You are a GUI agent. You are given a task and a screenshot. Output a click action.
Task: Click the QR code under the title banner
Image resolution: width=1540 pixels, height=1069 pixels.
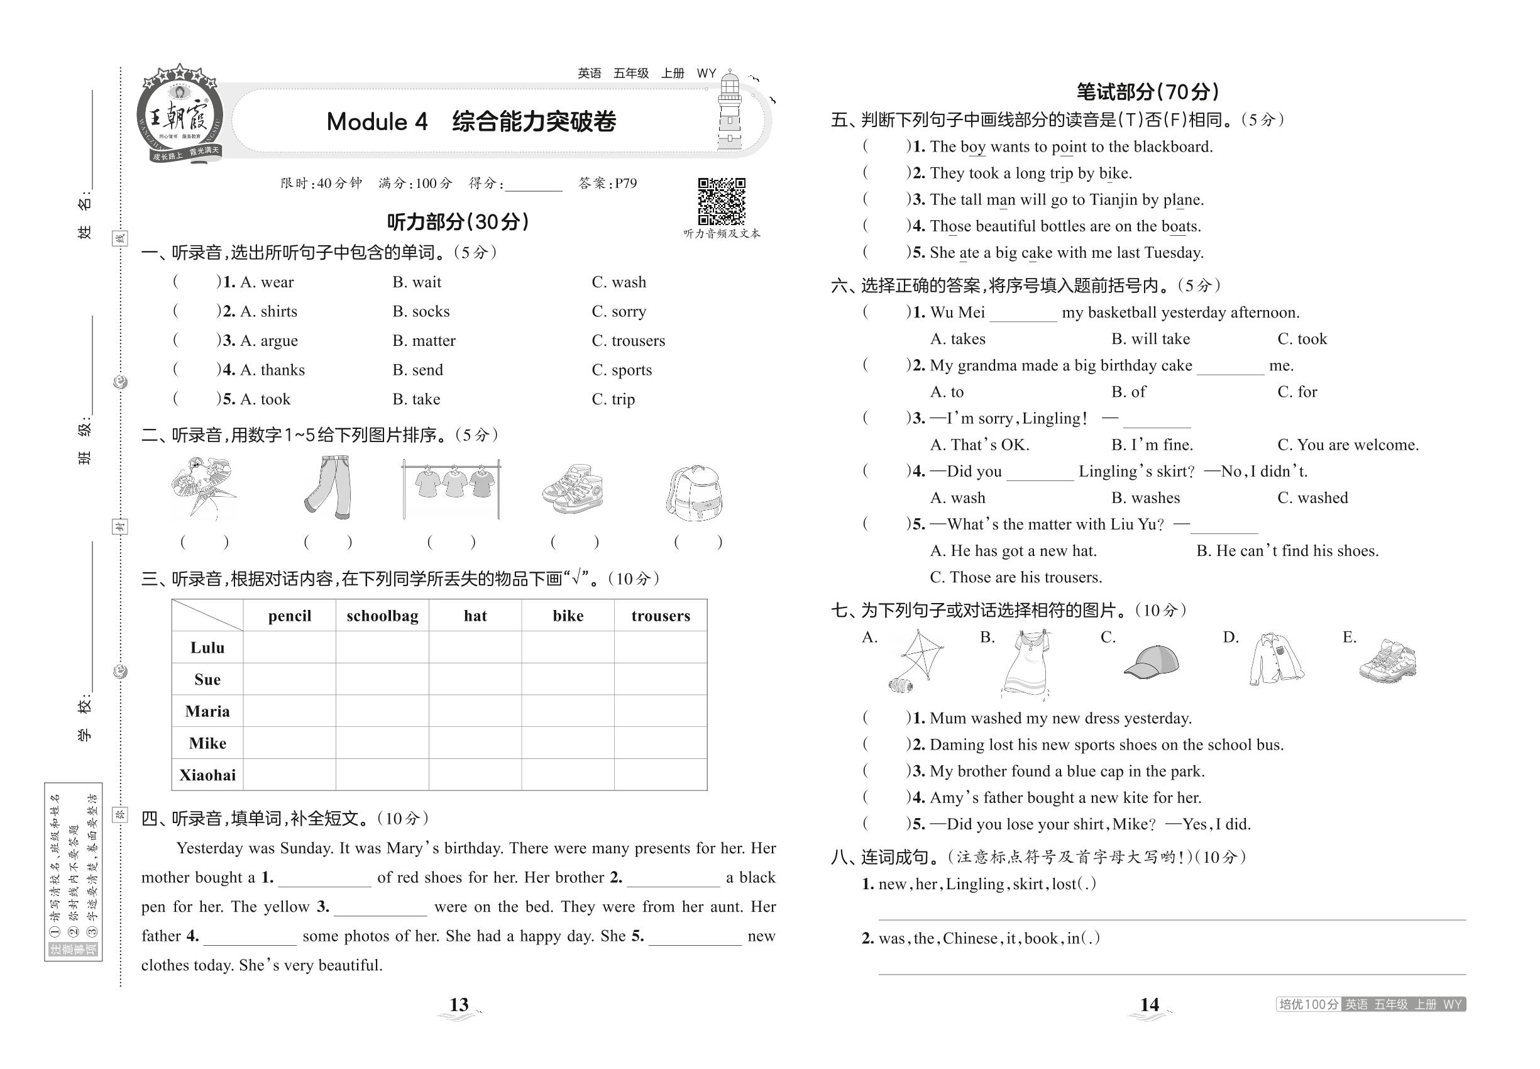pyautogui.click(x=721, y=201)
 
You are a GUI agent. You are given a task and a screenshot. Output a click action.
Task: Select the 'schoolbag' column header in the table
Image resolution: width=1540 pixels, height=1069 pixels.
pyautogui.click(x=382, y=616)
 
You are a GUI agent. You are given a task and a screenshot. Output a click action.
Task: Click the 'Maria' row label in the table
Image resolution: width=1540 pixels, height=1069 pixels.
pyautogui.click(x=207, y=711)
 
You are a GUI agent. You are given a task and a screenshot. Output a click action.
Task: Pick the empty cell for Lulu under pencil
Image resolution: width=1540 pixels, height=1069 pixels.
pyautogui.click(x=289, y=647)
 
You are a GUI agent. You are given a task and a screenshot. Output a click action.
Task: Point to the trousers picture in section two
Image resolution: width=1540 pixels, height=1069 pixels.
pyautogui.click(x=328, y=487)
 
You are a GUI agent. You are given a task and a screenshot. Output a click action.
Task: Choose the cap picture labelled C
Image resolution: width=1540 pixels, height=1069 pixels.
pyautogui.click(x=1151, y=661)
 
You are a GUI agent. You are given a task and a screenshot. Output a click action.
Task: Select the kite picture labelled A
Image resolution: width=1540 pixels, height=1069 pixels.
pyautogui.click(x=915, y=662)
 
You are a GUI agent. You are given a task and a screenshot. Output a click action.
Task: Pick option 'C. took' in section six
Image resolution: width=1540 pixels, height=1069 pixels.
pyautogui.click(x=1302, y=339)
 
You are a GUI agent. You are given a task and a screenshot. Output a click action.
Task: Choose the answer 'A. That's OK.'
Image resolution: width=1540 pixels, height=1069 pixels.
pyautogui.click(x=979, y=445)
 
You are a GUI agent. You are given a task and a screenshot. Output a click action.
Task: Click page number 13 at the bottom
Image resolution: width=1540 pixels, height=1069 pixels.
pyautogui.click(x=459, y=1005)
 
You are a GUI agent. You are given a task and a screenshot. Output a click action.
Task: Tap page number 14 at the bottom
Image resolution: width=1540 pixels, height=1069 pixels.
pyautogui.click(x=1149, y=1005)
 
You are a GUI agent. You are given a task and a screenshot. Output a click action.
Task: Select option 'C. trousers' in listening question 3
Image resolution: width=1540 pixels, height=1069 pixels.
pyautogui.click(x=628, y=341)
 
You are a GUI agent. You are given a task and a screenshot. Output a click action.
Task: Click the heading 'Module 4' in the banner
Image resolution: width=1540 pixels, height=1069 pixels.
pyautogui.click(x=377, y=122)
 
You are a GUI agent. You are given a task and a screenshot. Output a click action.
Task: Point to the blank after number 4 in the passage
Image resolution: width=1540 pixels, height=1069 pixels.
pyautogui.click(x=250, y=937)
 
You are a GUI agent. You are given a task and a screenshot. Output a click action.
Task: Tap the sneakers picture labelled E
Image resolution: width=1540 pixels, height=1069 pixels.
pyautogui.click(x=1388, y=661)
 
